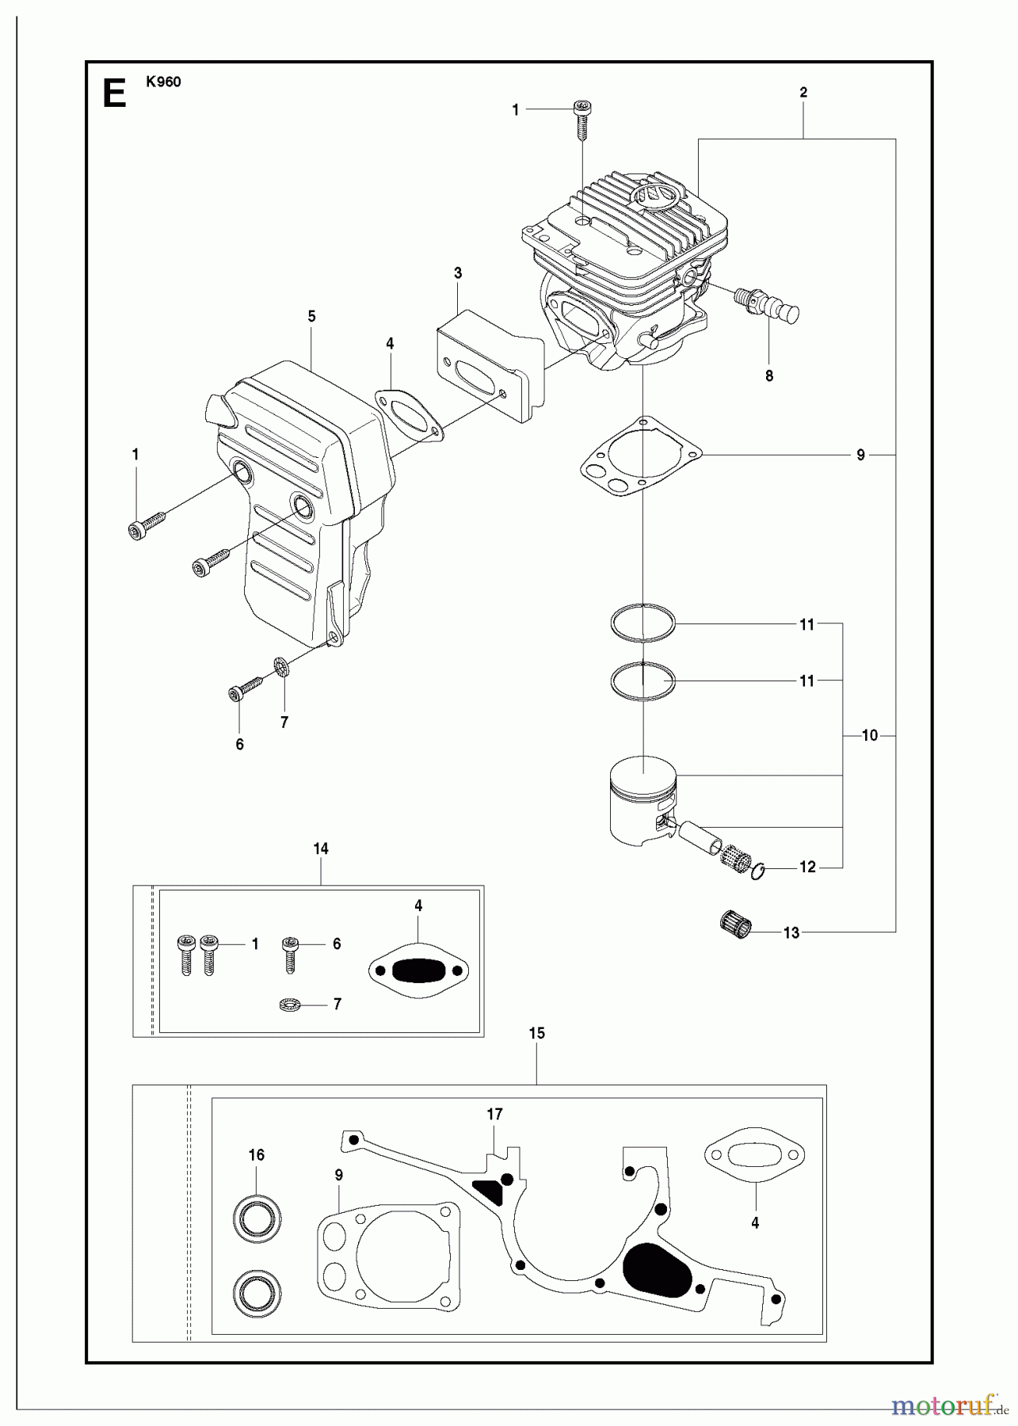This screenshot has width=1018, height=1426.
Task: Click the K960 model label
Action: [163, 82]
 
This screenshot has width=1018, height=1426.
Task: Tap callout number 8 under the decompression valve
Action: [768, 376]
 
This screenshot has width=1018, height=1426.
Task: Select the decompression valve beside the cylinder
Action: [767, 304]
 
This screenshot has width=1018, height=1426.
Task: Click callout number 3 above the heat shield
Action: [458, 273]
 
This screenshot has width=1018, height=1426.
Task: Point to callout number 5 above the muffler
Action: [311, 316]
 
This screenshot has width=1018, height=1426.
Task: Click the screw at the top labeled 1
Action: [582, 119]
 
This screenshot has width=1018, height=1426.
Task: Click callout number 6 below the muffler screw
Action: [239, 744]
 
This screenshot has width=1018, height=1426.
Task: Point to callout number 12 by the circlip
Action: [807, 867]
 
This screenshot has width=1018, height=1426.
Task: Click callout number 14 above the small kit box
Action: [321, 848]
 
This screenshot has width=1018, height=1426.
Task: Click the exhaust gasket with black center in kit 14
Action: [419, 969]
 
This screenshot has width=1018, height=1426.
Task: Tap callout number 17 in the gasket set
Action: [494, 1114]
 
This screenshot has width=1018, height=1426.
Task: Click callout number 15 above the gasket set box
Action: [536, 1033]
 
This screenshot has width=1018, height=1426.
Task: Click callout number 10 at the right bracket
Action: [870, 736]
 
